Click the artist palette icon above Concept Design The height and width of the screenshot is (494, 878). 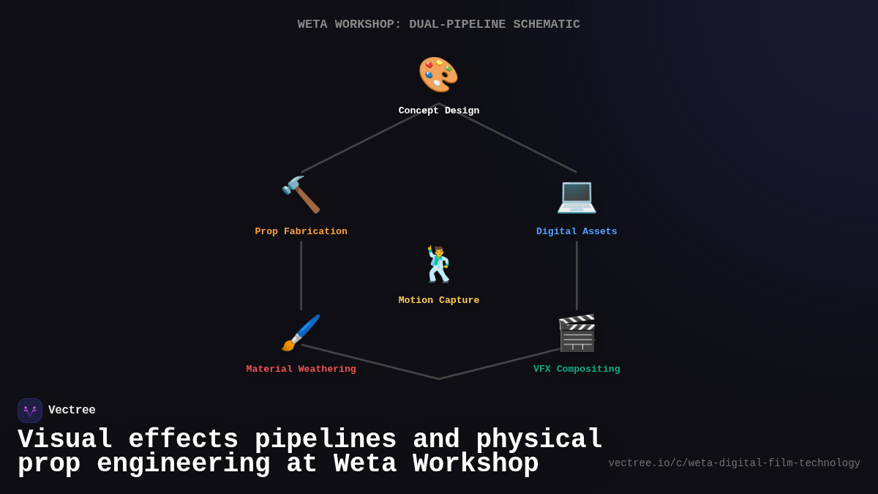pyautogui.click(x=438, y=75)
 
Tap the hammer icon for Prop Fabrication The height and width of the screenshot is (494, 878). pyautogui.click(x=301, y=195)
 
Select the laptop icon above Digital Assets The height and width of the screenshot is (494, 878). pyautogui.click(x=577, y=195)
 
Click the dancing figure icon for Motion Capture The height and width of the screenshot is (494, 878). pyautogui.click(x=438, y=264)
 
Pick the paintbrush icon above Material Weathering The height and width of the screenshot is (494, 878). pyautogui.click(x=301, y=333)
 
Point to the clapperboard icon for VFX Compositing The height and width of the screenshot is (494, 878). pyautogui.click(x=577, y=333)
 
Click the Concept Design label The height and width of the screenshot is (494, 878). pyautogui.click(x=439, y=111)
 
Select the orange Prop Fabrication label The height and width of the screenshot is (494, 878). pyautogui.click(x=301, y=232)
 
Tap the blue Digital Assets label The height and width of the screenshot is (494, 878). pyautogui.click(x=577, y=232)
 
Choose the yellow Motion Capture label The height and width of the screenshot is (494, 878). pyautogui.click(x=439, y=301)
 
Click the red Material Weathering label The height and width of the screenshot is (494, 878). pyautogui.click(x=301, y=370)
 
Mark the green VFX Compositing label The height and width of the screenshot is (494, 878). pyautogui.click(x=577, y=370)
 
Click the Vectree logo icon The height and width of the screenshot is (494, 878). pyautogui.click(x=30, y=411)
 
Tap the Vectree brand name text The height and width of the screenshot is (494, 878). pyautogui.click(x=72, y=411)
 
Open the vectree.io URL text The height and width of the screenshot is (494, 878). pyautogui.click(x=734, y=463)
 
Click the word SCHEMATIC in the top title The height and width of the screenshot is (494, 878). pyautogui.click(x=546, y=25)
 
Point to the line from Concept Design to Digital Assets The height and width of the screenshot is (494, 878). pyautogui.click(x=517, y=143)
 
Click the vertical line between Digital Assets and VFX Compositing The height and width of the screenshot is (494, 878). pyautogui.click(x=577, y=275)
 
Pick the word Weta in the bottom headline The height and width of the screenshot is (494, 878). pyautogui.click(x=365, y=464)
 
